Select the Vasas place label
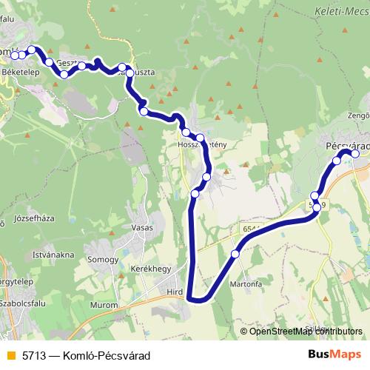pos(141,227)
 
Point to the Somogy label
pos(102,260)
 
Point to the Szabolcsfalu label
pos(24,303)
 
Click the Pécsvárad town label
pos(347,147)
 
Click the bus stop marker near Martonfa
pos(235,254)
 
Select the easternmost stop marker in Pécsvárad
pos(354,154)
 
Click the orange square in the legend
pos(10,356)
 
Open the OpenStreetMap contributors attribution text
pos(306,332)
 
